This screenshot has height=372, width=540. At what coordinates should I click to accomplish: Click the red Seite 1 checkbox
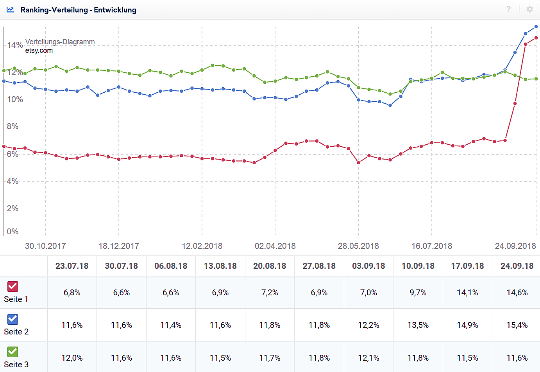[x=13, y=286]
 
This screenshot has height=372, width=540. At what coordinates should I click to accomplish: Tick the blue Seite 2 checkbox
[x=13, y=319]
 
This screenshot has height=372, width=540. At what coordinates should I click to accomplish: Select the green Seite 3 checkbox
[x=13, y=352]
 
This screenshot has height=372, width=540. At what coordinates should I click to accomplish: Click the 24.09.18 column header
[x=517, y=266]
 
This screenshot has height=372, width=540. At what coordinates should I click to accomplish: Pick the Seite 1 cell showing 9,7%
[x=418, y=293]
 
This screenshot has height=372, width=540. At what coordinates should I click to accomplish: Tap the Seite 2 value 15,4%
[x=517, y=325]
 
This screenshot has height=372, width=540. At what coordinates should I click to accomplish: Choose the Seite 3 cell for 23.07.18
[x=72, y=358]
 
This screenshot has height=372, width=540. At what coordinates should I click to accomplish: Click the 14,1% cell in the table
[x=467, y=293]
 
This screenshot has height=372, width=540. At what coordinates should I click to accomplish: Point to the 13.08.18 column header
[x=220, y=266]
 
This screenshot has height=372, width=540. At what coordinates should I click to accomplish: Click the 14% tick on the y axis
[x=15, y=45]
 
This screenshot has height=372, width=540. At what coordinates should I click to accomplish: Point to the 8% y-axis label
[x=13, y=126]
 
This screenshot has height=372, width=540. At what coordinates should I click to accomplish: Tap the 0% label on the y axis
[x=13, y=232]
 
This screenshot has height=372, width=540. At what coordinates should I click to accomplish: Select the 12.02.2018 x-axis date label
[x=202, y=246]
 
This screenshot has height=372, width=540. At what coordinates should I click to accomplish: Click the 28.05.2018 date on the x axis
[x=358, y=246]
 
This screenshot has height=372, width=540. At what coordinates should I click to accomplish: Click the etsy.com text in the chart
[x=39, y=50]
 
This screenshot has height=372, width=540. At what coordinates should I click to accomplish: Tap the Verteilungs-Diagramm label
[x=60, y=42]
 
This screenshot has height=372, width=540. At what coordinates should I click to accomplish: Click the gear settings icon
[x=529, y=9]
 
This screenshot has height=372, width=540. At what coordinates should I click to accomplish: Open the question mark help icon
[x=508, y=9]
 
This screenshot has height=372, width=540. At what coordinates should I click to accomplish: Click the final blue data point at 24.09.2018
[x=536, y=27]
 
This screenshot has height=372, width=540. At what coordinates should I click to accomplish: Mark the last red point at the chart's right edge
[x=536, y=38]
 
